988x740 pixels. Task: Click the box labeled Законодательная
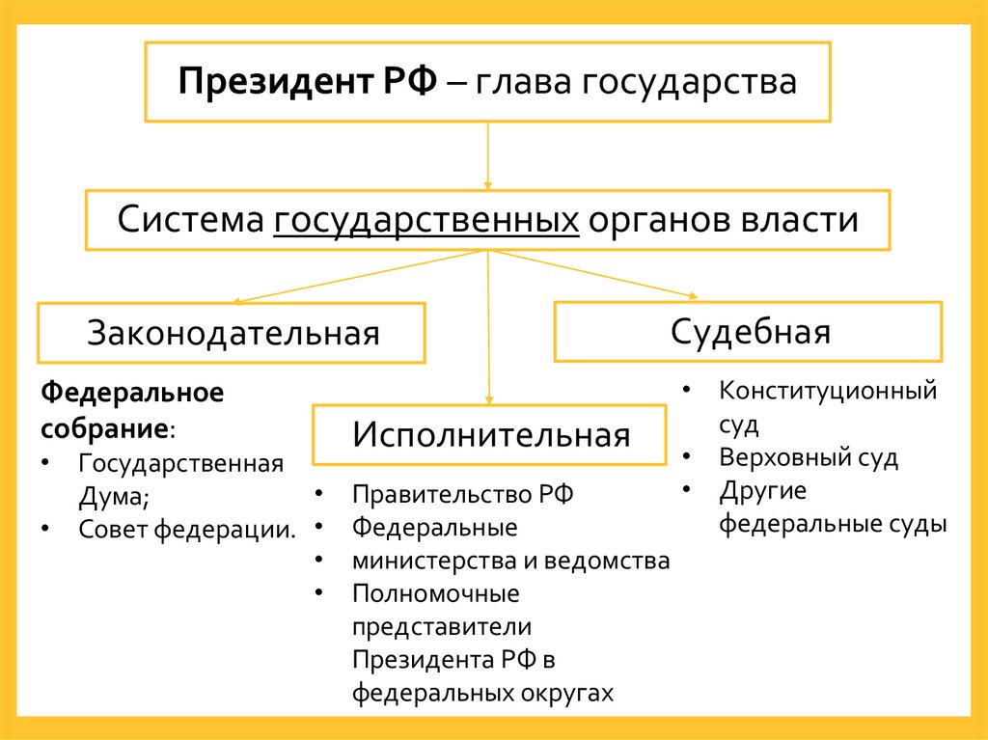(232, 333)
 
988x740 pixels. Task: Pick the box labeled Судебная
(749, 332)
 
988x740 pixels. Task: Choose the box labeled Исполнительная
(489, 434)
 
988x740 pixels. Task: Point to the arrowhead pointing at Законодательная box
(233, 301)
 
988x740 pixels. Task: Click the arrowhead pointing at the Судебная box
(691, 295)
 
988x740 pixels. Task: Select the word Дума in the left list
(112, 496)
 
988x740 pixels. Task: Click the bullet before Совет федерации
(48, 529)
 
